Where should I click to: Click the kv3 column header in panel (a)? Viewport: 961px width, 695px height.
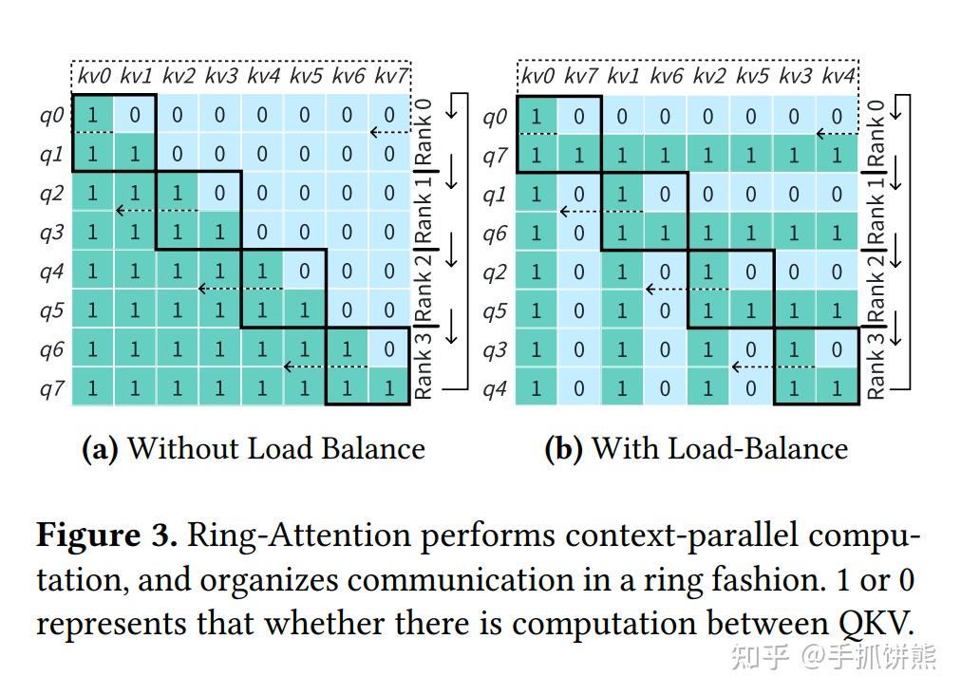[x=220, y=76]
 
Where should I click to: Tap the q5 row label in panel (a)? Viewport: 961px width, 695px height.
[x=50, y=310]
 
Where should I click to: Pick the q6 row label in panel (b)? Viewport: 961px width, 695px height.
[x=494, y=233]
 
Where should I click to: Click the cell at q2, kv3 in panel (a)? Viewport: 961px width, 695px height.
[x=220, y=194]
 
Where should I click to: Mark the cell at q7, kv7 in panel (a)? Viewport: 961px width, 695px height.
[x=388, y=388]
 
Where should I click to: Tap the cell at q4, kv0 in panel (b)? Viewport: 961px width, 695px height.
[x=537, y=388]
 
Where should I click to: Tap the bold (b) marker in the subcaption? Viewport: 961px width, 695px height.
[x=563, y=448]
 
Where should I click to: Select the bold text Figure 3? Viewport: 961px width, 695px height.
[x=106, y=535]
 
